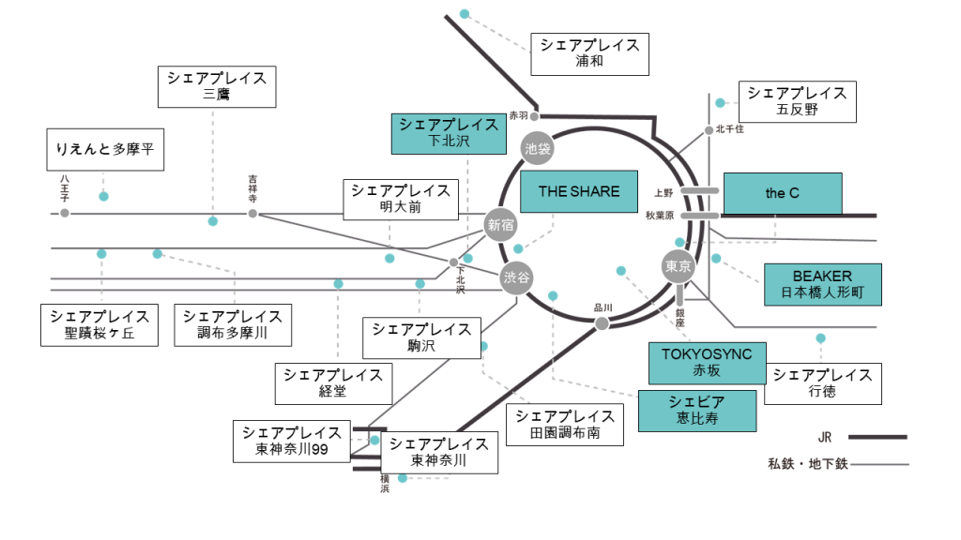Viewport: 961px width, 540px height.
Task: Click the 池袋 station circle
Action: (x=537, y=148)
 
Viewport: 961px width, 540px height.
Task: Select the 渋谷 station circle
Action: (x=515, y=277)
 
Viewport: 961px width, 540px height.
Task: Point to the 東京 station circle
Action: (x=678, y=266)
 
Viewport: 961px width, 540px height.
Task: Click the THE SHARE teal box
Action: (x=579, y=192)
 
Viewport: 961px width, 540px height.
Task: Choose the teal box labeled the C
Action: (x=783, y=194)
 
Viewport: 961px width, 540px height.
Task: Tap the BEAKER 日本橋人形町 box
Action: (x=823, y=284)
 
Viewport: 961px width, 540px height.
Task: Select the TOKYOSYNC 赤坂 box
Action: (x=708, y=363)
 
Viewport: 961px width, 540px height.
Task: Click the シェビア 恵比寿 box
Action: (x=697, y=412)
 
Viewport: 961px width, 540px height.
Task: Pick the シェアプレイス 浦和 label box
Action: (x=589, y=54)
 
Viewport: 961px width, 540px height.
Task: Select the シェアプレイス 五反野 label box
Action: (x=798, y=101)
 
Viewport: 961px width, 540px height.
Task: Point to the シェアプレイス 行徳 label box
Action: (x=822, y=383)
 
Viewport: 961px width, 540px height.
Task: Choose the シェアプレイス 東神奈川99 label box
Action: (x=292, y=441)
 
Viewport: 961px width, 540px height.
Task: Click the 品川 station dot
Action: (x=603, y=323)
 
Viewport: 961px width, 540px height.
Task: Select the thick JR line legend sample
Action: (x=877, y=437)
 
